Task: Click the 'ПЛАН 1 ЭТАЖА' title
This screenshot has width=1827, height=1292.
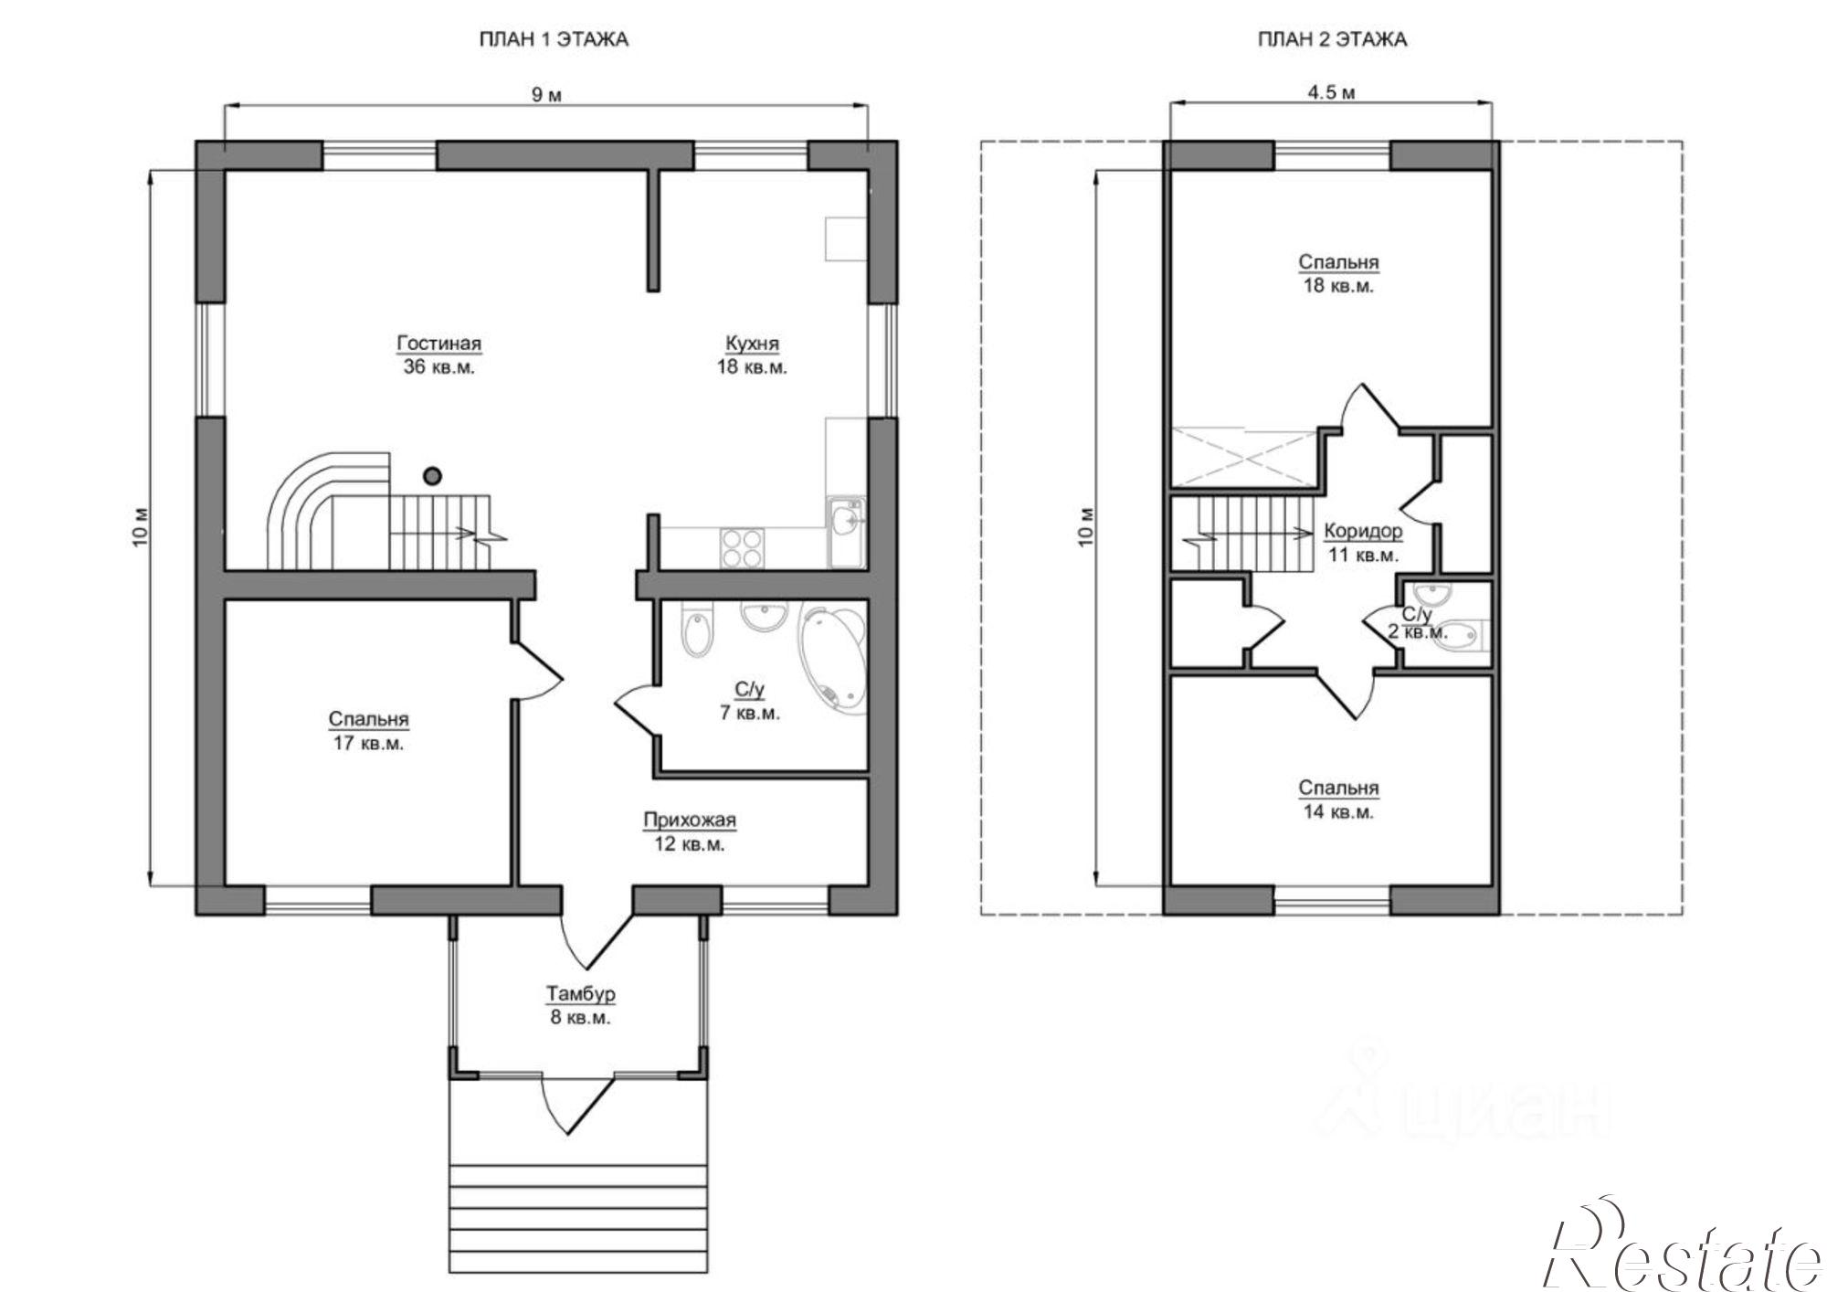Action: click(554, 39)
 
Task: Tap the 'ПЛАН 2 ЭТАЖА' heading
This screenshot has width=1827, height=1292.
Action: click(1332, 39)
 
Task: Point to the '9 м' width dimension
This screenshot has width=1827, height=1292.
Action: click(547, 95)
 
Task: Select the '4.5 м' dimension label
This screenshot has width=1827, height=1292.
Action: click(1331, 92)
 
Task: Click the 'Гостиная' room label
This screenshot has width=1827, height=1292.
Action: click(438, 344)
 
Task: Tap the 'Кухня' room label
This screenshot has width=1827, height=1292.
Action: click(752, 344)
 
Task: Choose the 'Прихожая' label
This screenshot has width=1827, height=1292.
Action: click(690, 821)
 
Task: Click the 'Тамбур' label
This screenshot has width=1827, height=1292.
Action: click(581, 993)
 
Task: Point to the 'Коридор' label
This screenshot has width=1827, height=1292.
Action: click(1363, 531)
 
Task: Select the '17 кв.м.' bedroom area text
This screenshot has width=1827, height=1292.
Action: click(368, 743)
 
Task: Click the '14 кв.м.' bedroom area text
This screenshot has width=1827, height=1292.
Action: click(1338, 811)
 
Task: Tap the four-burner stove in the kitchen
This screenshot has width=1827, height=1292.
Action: click(741, 548)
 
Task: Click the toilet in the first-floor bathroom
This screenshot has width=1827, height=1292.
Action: click(698, 630)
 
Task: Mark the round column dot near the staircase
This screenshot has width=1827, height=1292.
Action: click(433, 475)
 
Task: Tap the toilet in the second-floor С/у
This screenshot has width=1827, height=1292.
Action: click(1460, 633)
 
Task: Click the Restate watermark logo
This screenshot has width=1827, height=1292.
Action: click(1682, 1252)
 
